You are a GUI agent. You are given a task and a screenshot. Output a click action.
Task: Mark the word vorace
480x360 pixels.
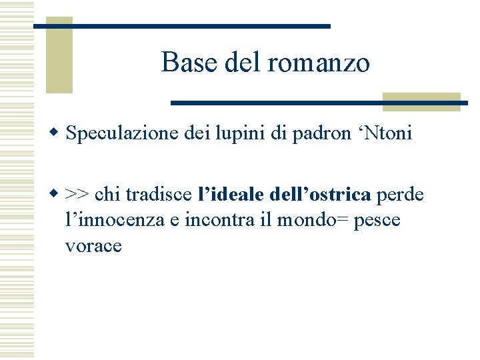click(x=93, y=246)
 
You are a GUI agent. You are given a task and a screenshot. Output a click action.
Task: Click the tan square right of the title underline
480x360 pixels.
click(x=421, y=101)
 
